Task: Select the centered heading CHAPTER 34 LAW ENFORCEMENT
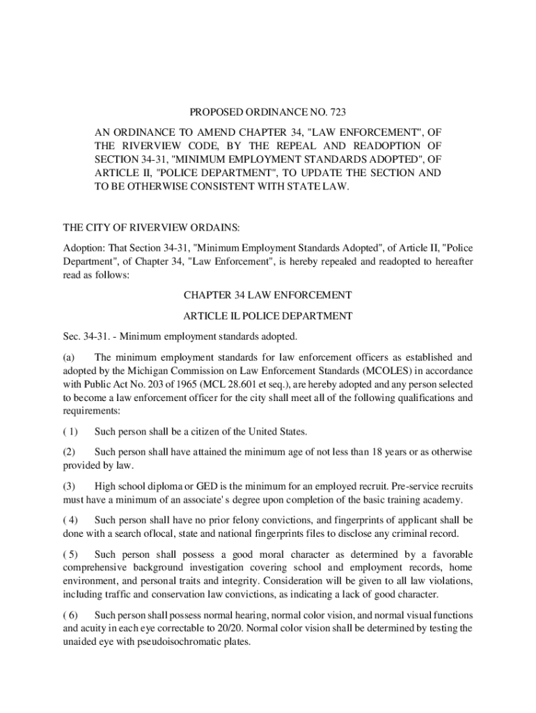click(x=268, y=295)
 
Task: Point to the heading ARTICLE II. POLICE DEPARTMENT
click(x=268, y=315)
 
